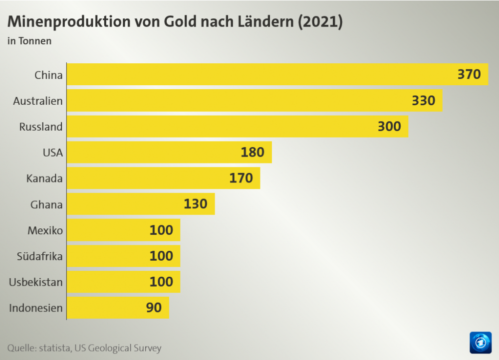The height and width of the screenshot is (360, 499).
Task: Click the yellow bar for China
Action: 259,75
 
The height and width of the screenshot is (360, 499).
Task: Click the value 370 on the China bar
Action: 469,75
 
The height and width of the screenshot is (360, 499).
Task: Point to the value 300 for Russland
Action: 389,127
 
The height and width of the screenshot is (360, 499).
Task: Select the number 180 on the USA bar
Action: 252,152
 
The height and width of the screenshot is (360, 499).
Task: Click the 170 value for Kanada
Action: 241,178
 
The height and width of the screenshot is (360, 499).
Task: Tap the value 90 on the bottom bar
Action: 154,308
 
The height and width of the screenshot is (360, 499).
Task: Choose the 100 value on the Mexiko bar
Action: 161,230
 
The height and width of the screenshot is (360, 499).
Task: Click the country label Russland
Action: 41,127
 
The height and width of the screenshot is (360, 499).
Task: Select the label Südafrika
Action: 39,256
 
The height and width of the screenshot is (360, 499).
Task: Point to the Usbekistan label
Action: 36,282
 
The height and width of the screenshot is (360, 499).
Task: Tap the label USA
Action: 53,153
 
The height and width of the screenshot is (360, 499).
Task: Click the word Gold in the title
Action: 181,22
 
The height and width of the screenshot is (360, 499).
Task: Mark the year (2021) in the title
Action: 320,22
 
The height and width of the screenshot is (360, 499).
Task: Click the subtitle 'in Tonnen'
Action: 29,41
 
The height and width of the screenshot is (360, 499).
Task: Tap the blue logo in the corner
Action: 481,343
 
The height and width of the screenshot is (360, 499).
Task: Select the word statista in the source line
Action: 54,348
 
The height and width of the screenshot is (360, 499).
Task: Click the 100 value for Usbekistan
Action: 161,282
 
